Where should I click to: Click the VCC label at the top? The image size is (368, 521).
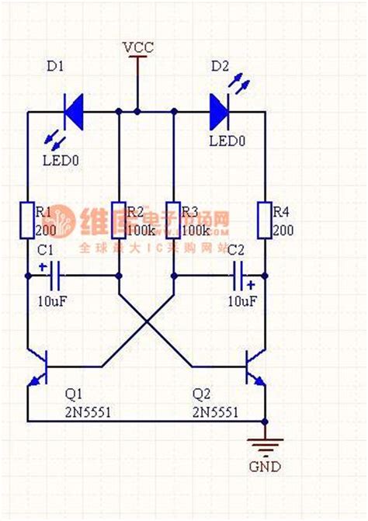click(x=137, y=47)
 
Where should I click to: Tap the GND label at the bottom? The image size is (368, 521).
click(x=265, y=467)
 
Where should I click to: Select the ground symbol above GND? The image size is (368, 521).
click(x=265, y=445)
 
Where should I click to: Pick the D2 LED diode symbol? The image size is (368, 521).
click(x=220, y=112)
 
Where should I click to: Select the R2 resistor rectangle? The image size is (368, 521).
click(x=118, y=220)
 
